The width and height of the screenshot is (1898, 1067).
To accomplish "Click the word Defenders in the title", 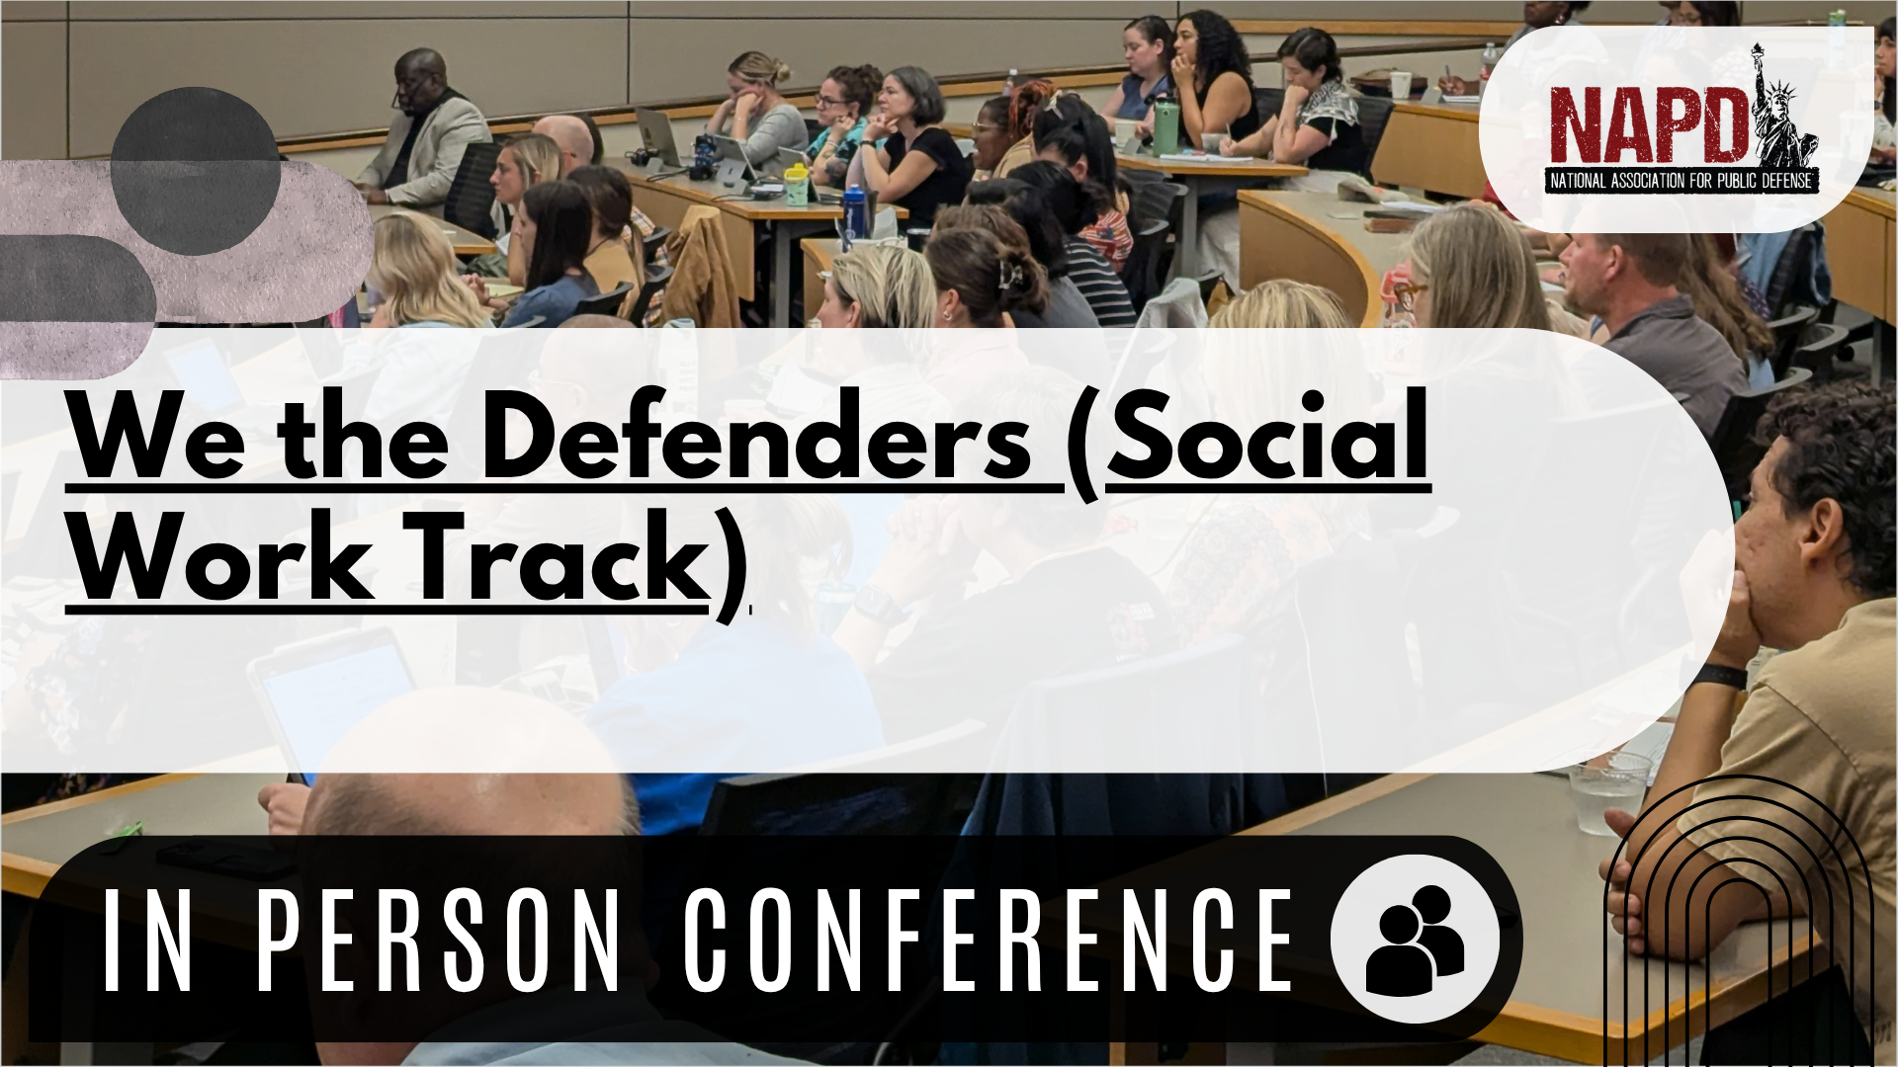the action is pyautogui.click(x=757, y=437).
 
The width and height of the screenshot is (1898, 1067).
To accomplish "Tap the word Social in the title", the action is pyautogui.click(x=1268, y=435).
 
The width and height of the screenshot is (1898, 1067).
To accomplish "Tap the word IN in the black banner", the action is pyautogui.click(x=147, y=940).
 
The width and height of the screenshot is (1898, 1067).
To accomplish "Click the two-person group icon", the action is pyautogui.click(x=1416, y=940).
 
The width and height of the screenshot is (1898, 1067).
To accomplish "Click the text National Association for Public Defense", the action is pyautogui.click(x=1681, y=181).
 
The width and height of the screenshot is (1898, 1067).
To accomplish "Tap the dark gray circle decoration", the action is pyautogui.click(x=195, y=171).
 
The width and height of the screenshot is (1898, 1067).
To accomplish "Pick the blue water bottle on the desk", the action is pyautogui.click(x=853, y=214).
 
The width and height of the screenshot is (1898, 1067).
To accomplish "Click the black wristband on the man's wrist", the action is pyautogui.click(x=1718, y=676).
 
